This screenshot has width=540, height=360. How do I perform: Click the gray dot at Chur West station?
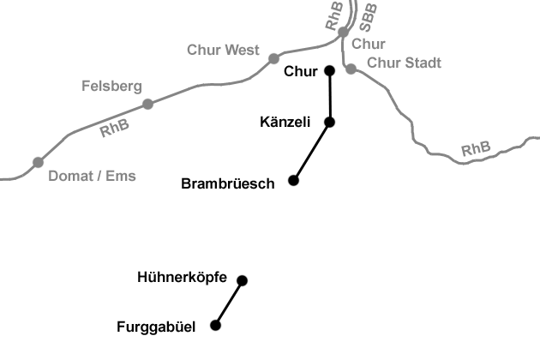[x=274, y=57]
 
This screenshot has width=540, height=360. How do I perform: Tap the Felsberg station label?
[x=111, y=86]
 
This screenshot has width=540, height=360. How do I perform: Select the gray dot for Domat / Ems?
[x=38, y=162]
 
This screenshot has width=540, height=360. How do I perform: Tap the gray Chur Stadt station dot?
[x=351, y=69]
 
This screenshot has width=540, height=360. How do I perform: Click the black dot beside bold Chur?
[x=329, y=70]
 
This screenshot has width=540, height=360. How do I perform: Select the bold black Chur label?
[x=300, y=70]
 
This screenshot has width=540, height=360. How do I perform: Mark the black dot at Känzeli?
[x=329, y=123]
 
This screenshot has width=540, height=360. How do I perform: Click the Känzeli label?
[x=285, y=123]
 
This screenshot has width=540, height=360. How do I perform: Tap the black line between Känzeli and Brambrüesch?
[x=311, y=152]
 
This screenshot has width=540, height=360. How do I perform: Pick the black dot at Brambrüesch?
[x=293, y=180]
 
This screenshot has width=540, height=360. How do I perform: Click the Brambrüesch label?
[x=228, y=183]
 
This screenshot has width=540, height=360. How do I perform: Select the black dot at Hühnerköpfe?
[x=242, y=280]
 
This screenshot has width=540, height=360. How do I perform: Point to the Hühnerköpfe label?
[x=182, y=278]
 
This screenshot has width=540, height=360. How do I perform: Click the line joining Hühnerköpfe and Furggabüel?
[x=229, y=303]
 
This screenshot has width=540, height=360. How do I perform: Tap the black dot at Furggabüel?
[x=215, y=325]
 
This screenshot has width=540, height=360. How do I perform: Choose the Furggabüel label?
[x=156, y=327]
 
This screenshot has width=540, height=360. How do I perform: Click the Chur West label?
[x=223, y=50]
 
